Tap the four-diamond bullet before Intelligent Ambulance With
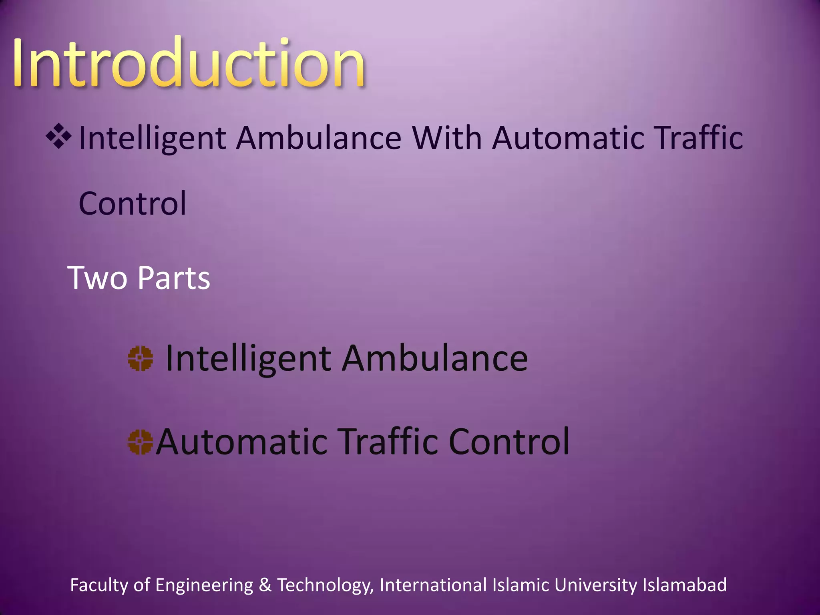tap(59, 137)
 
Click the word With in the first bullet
tap(447, 138)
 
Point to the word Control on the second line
tap(133, 204)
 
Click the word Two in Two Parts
tap(97, 277)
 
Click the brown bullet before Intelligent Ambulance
tap(140, 359)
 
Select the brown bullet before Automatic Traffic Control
tap(140, 442)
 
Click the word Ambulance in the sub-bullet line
tap(435, 358)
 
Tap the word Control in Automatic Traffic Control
tap(509, 442)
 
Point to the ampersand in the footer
tap(265, 585)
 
